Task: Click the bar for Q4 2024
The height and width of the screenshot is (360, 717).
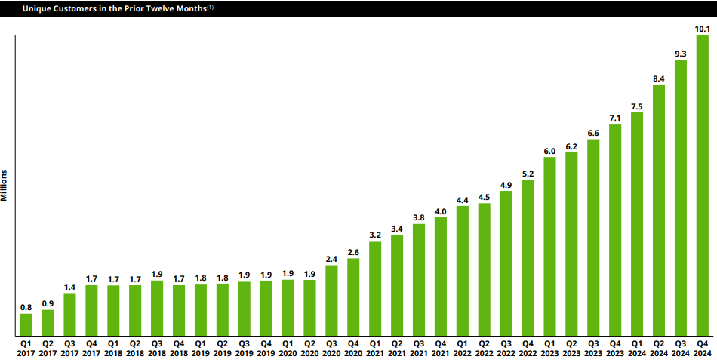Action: [x=702, y=186]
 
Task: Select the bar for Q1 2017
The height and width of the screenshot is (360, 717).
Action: [x=26, y=325]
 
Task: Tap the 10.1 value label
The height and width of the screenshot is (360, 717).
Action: [x=702, y=29]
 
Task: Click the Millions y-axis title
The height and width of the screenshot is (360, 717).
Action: [x=5, y=184]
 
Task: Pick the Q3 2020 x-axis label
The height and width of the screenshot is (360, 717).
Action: [x=331, y=348]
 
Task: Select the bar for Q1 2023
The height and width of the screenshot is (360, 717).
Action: [x=549, y=246]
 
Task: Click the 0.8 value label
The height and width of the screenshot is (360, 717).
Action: [x=26, y=307]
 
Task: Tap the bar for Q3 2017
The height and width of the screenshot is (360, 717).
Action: [x=69, y=314]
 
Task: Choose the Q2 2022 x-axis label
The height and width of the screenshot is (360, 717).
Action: [x=484, y=348]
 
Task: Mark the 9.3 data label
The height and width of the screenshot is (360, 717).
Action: [x=680, y=54]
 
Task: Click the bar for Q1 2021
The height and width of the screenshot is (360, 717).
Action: [x=375, y=288]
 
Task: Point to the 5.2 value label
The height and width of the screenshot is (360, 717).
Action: [x=528, y=174]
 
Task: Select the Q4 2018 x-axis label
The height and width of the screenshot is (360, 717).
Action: [x=179, y=348]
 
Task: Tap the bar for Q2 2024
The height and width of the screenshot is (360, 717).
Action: [x=658, y=211]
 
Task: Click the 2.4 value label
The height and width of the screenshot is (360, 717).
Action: [x=331, y=259]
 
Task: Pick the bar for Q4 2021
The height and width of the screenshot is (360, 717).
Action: [x=441, y=276]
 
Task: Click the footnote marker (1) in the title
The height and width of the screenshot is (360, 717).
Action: [x=210, y=7]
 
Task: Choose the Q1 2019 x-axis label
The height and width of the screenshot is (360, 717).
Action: [x=201, y=348]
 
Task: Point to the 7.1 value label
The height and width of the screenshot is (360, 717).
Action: [x=615, y=117]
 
